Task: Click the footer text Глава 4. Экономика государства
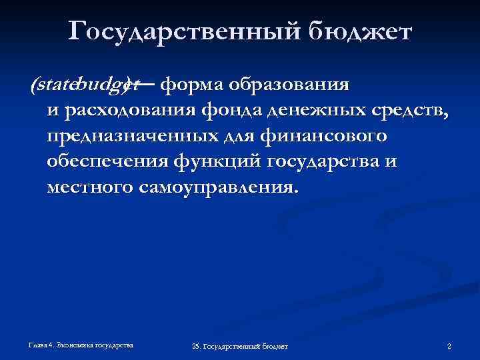point(81,345)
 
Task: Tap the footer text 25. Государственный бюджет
point(239,347)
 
